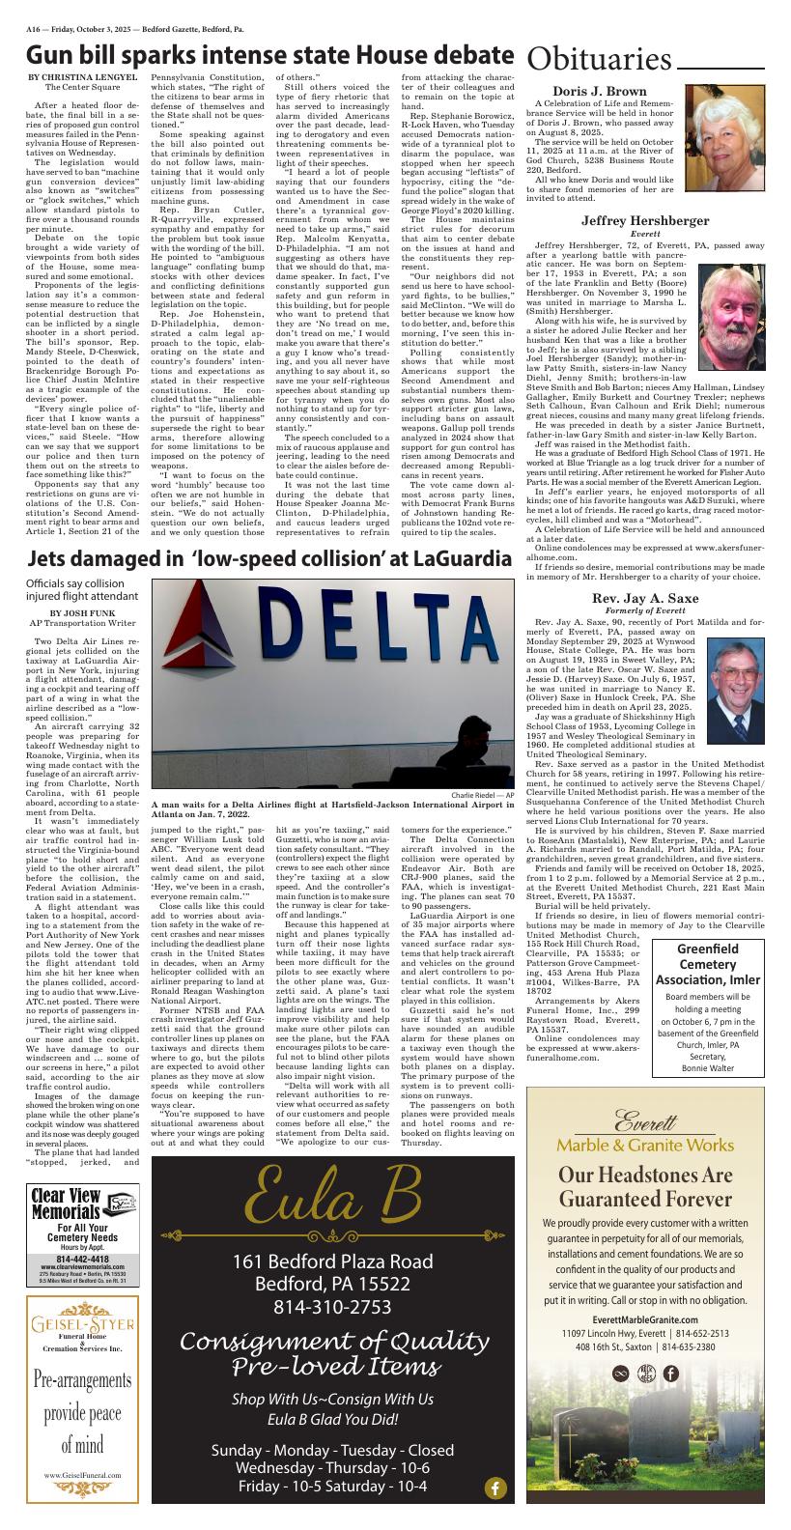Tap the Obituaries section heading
[x=599, y=60]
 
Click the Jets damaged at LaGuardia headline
[x=268, y=559]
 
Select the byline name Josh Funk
[x=82, y=612]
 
